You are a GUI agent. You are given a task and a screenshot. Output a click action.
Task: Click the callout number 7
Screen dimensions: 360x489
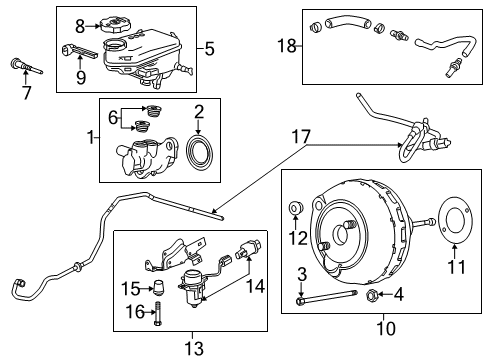point(27,95)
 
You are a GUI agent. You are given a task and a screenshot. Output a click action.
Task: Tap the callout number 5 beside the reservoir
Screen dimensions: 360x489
point(208,46)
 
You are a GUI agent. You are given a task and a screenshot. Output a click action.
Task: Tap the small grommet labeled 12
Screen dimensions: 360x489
point(295,207)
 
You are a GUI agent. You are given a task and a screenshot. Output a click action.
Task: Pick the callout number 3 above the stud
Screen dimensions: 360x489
point(301,274)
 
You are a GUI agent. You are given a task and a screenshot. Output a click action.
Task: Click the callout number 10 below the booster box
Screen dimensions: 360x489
point(384,327)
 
